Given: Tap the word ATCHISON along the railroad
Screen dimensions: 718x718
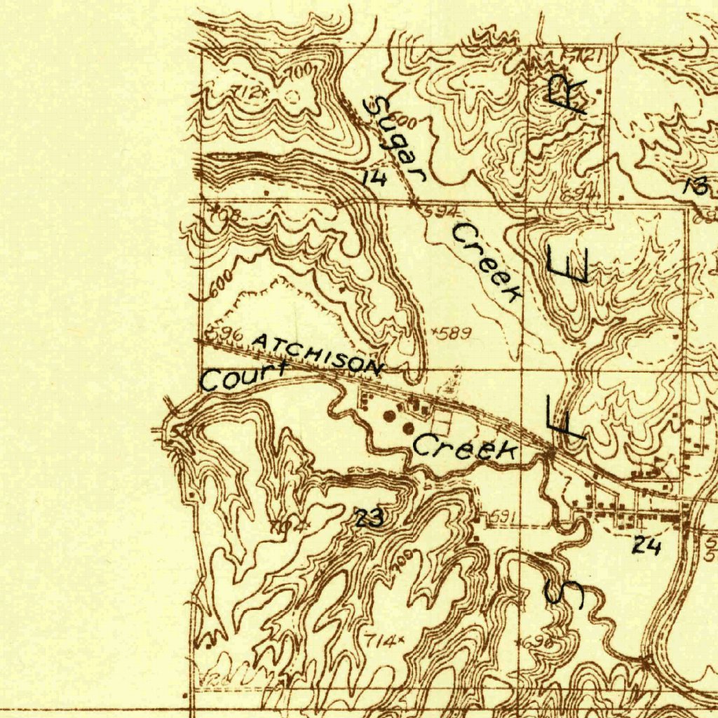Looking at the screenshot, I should [317, 353].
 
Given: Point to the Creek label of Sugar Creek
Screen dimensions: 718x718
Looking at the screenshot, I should [488, 262].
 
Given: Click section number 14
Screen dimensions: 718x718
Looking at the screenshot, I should [374, 178].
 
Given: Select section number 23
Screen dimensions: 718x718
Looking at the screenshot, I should [370, 519].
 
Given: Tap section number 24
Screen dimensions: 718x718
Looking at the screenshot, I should [646, 546].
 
